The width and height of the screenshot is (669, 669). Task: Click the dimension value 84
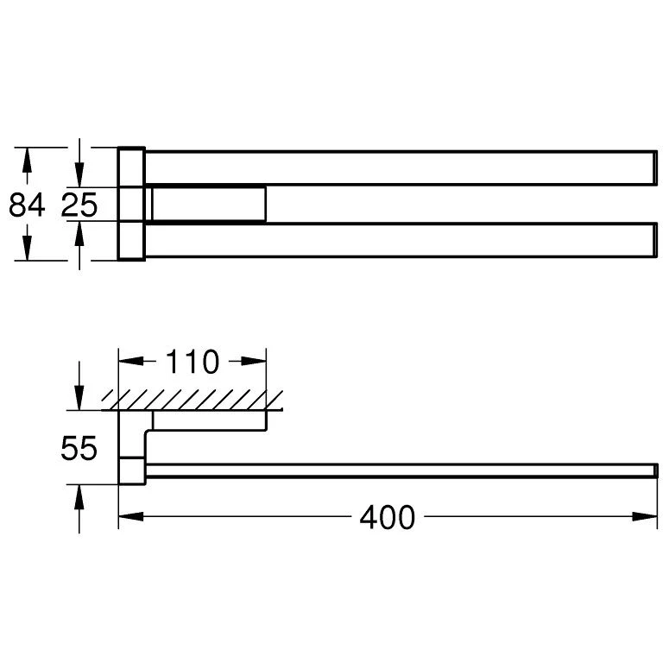(x=27, y=205)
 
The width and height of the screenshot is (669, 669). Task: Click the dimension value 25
(x=79, y=205)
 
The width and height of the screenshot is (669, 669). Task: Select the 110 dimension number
(x=192, y=362)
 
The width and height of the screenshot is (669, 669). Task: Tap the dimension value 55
(x=79, y=448)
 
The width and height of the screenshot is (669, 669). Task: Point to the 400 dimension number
(x=387, y=517)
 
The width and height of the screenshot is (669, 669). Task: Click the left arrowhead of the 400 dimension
(x=131, y=517)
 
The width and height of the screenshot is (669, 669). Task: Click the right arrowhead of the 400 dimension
(x=645, y=517)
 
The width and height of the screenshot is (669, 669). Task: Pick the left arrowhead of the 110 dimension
(x=131, y=362)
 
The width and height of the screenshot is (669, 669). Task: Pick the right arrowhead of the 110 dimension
(x=254, y=362)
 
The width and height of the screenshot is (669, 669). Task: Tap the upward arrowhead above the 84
(x=27, y=160)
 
